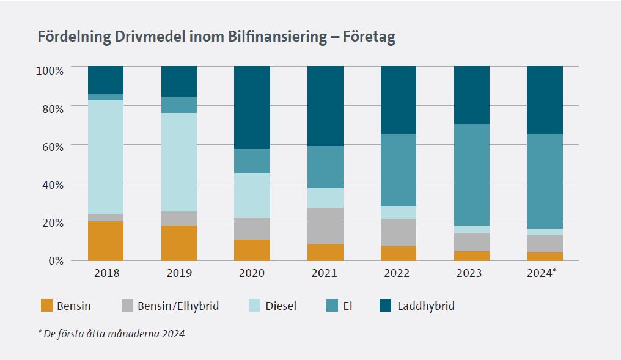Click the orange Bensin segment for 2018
tap(106, 241)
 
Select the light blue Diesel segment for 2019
tap(179, 162)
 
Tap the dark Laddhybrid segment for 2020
tap(252, 107)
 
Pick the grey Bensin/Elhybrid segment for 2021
tap(325, 226)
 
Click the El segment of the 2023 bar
tap(471, 175)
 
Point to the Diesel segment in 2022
tap(399, 212)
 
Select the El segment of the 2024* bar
tap(545, 182)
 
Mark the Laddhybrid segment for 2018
tap(106, 79)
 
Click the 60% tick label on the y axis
tap(50, 145)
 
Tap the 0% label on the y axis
tap(54, 261)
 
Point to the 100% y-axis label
tap(48, 70)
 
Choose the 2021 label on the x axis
tap(325, 273)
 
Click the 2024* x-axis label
tap(542, 273)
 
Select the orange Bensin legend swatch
tap(47, 306)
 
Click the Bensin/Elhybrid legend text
tap(178, 306)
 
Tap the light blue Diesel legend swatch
tap(251, 306)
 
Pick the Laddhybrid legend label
tap(425, 306)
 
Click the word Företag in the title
tap(369, 37)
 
